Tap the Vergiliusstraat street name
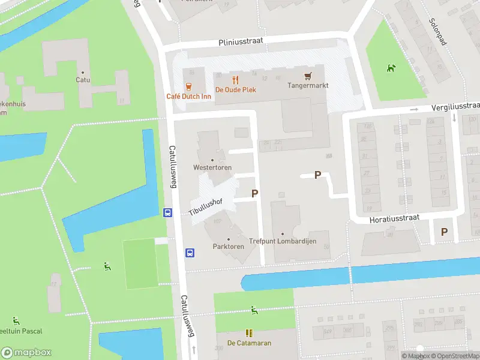pos(455,106)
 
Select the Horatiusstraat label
pos(393,217)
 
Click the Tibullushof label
pos(205,206)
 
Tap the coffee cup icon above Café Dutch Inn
pos(189,85)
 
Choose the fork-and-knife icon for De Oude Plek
pos(236,79)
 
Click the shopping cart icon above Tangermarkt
pos(308,76)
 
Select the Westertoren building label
pos(212,167)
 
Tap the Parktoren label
pos(228,247)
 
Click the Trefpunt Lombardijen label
pos(282,241)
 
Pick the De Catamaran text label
pos(249,343)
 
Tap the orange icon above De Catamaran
pos(249,332)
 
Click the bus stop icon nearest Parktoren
pos(190,253)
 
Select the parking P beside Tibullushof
pos(255,193)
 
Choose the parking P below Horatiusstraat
pos(444,232)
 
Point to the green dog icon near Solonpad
pos(391,68)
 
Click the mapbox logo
pos(26,352)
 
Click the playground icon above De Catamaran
pos(254,310)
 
